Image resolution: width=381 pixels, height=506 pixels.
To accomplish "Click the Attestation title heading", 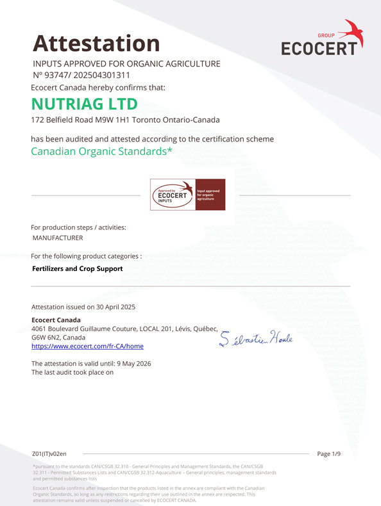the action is [96, 44].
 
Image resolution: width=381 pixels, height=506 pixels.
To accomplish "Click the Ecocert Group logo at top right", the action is [322, 38].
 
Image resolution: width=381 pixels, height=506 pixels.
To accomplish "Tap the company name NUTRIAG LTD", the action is [85, 104].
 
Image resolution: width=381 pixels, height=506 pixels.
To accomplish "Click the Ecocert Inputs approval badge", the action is [187, 195].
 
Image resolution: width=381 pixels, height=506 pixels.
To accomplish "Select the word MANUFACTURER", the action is [58, 238].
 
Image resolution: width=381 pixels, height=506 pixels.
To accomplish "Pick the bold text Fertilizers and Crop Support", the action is [77, 268].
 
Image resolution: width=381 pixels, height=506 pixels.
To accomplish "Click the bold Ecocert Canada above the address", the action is [56, 320].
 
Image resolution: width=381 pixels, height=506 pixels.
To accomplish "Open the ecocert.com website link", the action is [87, 346].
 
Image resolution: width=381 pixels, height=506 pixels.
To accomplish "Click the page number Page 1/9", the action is [329, 453].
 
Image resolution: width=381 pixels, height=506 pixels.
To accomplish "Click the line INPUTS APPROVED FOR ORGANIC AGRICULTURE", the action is [126, 63].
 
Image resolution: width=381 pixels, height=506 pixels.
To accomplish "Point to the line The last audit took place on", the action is [72, 372].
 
